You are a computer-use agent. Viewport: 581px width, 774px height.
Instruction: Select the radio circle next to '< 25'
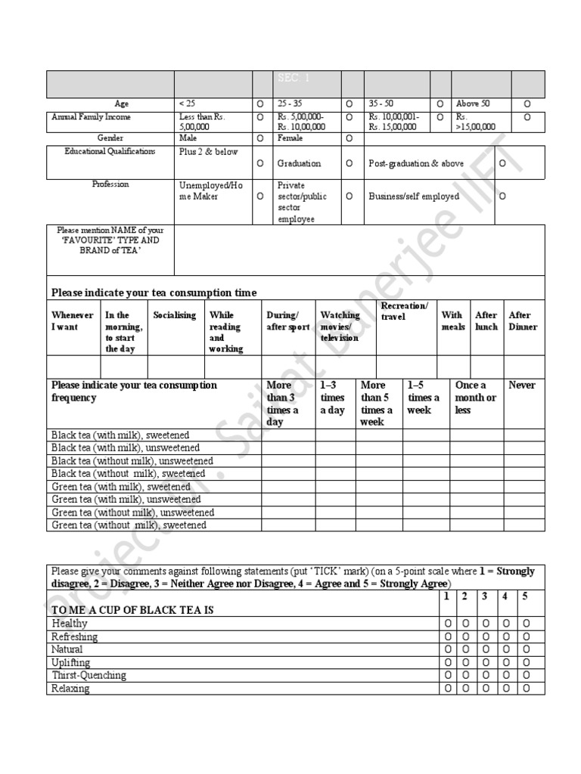coord(259,104)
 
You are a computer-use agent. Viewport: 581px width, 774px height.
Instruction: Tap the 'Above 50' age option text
coord(473,103)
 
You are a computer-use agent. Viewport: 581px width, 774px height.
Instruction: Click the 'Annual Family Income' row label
coord(91,117)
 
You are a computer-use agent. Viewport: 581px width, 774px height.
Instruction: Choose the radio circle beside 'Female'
coord(350,139)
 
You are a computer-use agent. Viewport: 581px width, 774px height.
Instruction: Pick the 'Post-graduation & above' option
coord(416,163)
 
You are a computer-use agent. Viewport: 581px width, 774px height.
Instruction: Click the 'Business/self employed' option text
coord(414,197)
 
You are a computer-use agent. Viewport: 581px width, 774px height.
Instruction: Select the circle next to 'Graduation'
coord(259,163)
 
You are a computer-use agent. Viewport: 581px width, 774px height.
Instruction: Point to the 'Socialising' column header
coord(174,315)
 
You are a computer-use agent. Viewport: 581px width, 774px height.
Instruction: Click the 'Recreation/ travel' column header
coord(404,311)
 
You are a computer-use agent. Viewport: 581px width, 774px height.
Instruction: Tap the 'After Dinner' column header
coord(523,321)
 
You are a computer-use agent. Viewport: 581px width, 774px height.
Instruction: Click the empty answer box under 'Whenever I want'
coord(73,366)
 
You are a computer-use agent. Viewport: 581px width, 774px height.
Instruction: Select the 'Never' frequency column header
coord(522,385)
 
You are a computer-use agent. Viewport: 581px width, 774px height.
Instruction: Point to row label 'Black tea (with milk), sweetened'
coord(120,435)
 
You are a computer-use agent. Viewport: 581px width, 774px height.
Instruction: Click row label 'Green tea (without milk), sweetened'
coord(128,525)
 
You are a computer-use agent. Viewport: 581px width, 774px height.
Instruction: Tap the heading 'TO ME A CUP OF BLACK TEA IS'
coord(132,610)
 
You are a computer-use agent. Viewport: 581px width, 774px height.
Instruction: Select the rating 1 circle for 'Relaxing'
coord(448,689)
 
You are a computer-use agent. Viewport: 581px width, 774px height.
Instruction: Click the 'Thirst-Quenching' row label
coord(89,676)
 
